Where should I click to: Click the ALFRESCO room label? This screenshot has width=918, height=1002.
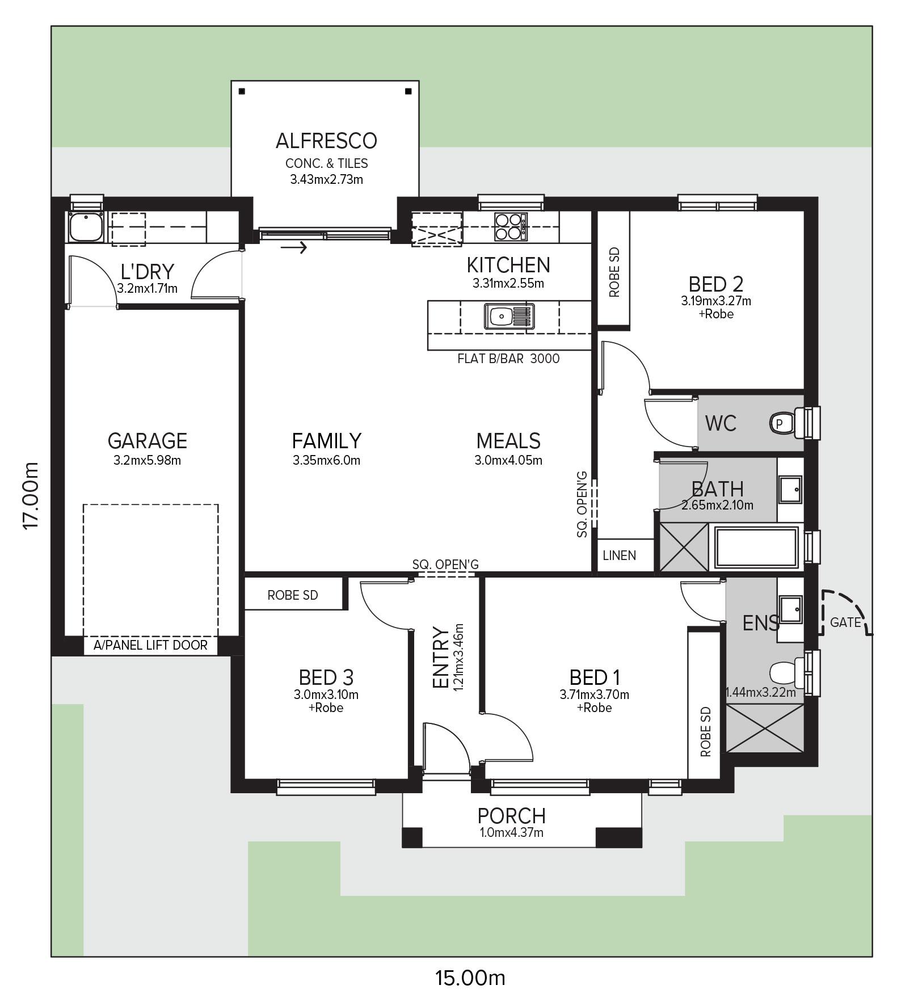coord(326,141)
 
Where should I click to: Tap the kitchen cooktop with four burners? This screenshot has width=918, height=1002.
coord(511,226)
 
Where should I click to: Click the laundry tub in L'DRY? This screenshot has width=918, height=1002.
coord(85,226)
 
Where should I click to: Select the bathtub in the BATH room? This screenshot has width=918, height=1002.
coord(756,548)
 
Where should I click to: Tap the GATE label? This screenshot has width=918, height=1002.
coord(845,622)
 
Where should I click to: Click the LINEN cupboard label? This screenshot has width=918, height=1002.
coord(619,555)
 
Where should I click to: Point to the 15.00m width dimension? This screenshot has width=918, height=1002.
coord(470,978)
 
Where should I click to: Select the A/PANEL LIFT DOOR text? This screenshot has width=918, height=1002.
coord(150,645)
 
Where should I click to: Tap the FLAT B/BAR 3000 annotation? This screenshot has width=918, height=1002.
coord(508,359)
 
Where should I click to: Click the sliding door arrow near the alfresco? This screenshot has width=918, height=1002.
coord(294,247)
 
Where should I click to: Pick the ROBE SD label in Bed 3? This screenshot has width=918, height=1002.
coord(293,595)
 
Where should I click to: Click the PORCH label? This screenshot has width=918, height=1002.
coord(511,816)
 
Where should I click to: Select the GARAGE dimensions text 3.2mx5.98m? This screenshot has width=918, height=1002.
coord(147,460)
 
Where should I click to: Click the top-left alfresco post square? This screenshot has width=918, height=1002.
coord(242,91)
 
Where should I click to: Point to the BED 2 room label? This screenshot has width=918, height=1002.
coord(716,284)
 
